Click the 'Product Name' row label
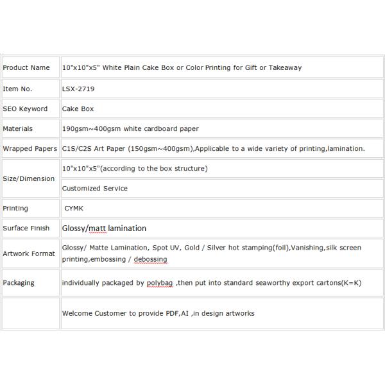click(x=26, y=67)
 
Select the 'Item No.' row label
click(x=17, y=89)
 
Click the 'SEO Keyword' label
click(x=25, y=109)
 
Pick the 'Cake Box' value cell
click(x=78, y=109)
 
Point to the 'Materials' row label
click(x=18, y=128)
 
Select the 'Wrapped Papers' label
click(x=30, y=148)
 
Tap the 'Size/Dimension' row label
click(x=29, y=178)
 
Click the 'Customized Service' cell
click(x=94, y=188)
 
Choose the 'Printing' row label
click(x=15, y=209)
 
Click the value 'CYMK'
click(x=74, y=209)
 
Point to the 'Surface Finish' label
click(x=26, y=228)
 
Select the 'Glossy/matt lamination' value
click(x=104, y=228)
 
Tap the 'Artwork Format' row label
click(x=29, y=253)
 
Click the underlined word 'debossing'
click(x=150, y=259)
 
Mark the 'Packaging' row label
click(x=19, y=282)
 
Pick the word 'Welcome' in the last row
click(x=76, y=313)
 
